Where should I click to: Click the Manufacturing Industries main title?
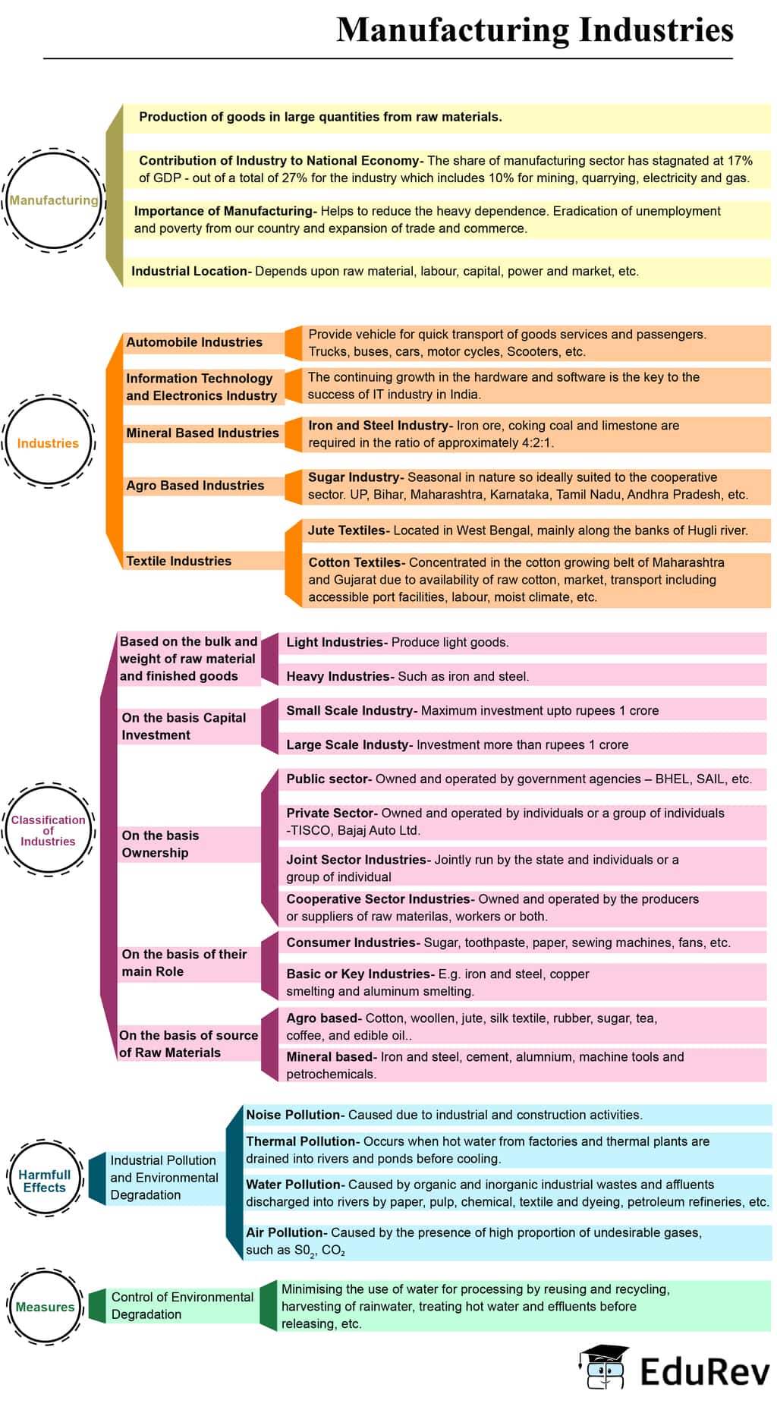coord(534,30)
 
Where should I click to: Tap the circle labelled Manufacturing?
coord(53,200)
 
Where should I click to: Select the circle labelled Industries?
coord(48,443)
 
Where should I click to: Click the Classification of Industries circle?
coord(48,830)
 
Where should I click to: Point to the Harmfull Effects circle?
coord(45,1181)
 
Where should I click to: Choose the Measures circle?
coord(45,1307)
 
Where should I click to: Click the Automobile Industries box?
coord(194,342)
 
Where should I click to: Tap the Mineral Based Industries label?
coord(202,433)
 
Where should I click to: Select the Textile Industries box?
coord(179,561)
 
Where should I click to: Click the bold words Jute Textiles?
coord(347,530)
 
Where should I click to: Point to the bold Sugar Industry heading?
coord(354,477)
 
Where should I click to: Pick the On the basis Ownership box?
coord(161,844)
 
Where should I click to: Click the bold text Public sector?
coord(328,779)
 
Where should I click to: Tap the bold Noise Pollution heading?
coord(293,1115)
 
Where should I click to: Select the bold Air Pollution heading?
coord(285,1232)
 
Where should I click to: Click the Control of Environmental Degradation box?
coord(182,1305)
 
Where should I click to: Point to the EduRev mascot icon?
coord(604,1367)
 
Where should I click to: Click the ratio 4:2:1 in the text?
coord(536,443)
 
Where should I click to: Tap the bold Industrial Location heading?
coord(190,271)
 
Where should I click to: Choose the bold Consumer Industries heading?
coord(351,943)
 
